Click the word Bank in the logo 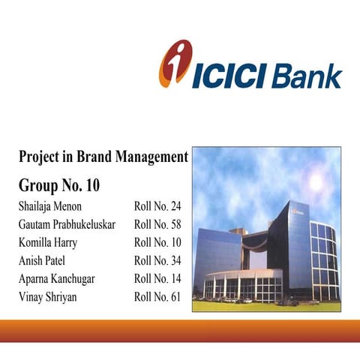[308, 76]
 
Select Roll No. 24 [157, 206]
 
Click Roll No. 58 [157, 224]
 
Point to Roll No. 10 [157, 242]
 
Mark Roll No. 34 [157, 260]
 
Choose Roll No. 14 [157, 278]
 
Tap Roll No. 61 [157, 296]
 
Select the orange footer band [180, 331]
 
